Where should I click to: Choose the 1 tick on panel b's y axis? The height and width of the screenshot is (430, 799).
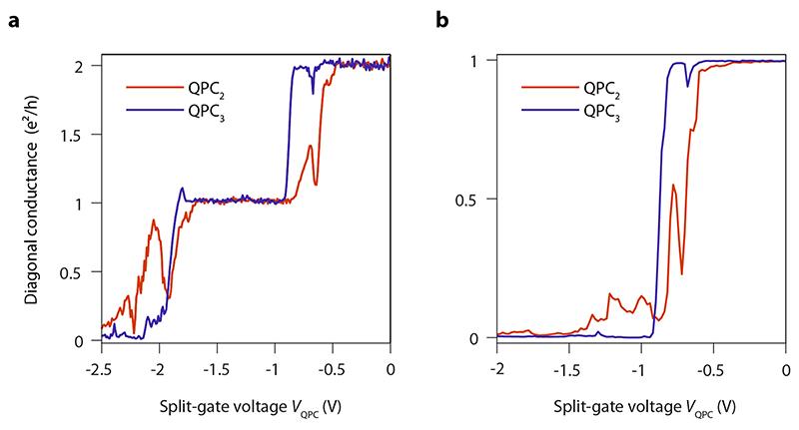[481, 61]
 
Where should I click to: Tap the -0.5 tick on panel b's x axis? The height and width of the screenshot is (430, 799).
[713, 368]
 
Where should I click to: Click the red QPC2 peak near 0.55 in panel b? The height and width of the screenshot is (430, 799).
[673, 185]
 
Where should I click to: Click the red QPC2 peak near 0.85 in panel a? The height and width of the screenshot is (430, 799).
[154, 220]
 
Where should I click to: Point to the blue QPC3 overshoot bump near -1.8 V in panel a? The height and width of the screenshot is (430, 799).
[182, 189]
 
